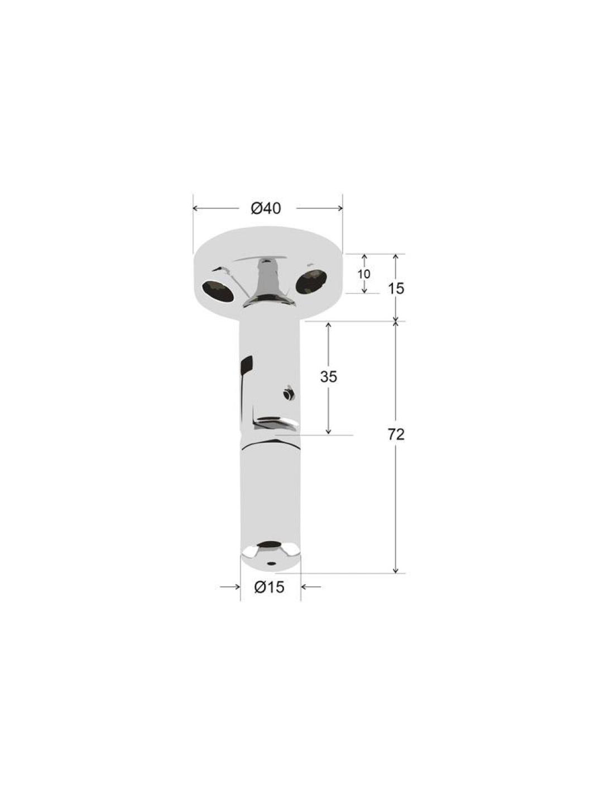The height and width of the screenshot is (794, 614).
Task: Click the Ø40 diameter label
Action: tap(266, 208)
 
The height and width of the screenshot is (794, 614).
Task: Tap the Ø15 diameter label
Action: tap(269, 597)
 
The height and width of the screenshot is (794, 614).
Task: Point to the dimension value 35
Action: tap(328, 377)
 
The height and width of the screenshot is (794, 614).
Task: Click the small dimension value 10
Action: tap(364, 274)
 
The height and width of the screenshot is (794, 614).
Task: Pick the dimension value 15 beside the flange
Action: tap(396, 289)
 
